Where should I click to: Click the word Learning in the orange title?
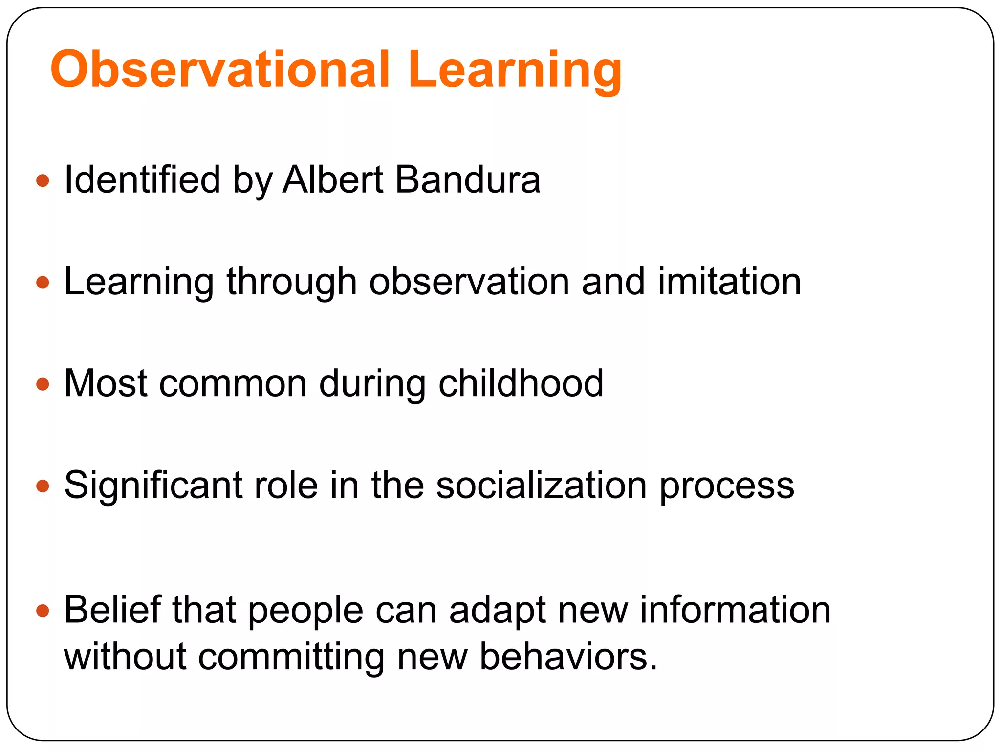[x=515, y=69]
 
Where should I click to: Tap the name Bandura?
[x=468, y=179]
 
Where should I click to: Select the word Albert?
[x=333, y=179]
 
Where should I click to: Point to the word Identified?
[x=142, y=179]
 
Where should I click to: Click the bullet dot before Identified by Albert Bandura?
[x=43, y=181]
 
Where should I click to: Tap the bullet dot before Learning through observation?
[x=43, y=283]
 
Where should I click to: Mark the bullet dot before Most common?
[x=43, y=384]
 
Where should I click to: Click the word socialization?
[x=541, y=485]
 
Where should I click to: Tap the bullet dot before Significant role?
[x=43, y=486]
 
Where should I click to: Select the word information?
[x=735, y=610]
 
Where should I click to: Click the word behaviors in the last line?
[x=568, y=657]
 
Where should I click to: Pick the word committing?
[x=291, y=657]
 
